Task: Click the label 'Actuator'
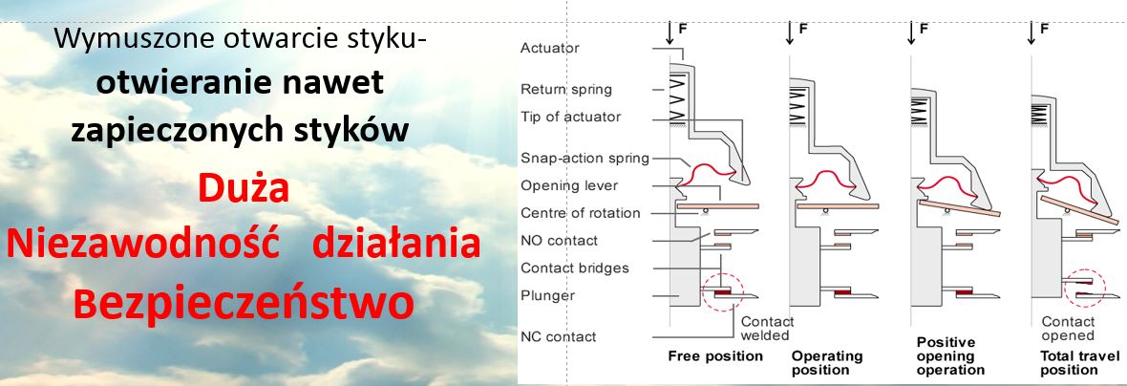pyautogui.click(x=550, y=48)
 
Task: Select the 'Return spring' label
pyautogui.click(x=566, y=90)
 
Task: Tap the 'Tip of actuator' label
pyautogui.click(x=571, y=118)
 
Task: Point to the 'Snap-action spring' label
pyautogui.click(x=585, y=159)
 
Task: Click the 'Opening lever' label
pyautogui.click(x=569, y=186)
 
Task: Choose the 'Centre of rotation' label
pyautogui.click(x=580, y=213)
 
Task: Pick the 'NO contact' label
pyautogui.click(x=559, y=241)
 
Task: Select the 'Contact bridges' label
pyautogui.click(x=575, y=268)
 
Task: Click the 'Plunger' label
pyautogui.click(x=547, y=295)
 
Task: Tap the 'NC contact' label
pyautogui.click(x=559, y=336)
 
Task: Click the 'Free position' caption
pyautogui.click(x=715, y=356)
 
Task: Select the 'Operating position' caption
pyautogui.click(x=826, y=363)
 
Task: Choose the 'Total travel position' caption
pyautogui.click(x=1069, y=363)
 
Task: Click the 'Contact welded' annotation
pyautogui.click(x=768, y=329)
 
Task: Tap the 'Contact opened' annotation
pyautogui.click(x=1068, y=329)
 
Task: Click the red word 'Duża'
pyautogui.click(x=244, y=188)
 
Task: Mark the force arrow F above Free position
pyautogui.click(x=670, y=32)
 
